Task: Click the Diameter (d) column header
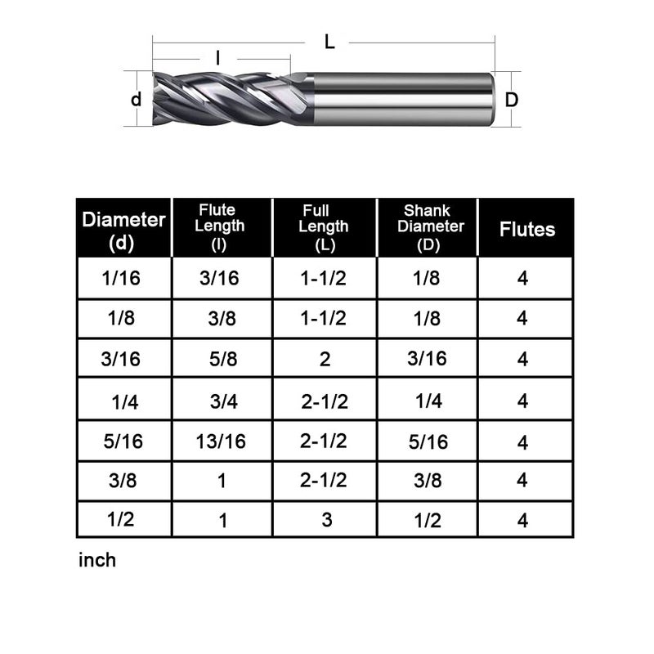(x=123, y=230)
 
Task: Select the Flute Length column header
(x=221, y=228)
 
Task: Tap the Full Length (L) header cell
(x=325, y=228)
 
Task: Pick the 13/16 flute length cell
(x=221, y=441)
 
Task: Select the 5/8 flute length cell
(x=221, y=359)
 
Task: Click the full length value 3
(x=326, y=520)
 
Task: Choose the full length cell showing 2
(x=325, y=359)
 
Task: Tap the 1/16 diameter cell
(x=121, y=278)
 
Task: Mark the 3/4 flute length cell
(x=221, y=401)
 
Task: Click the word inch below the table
(x=97, y=561)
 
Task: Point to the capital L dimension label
(x=329, y=43)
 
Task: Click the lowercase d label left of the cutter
(x=137, y=99)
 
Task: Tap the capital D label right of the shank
(x=511, y=100)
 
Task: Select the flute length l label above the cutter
(x=217, y=57)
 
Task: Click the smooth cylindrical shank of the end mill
(x=401, y=99)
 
